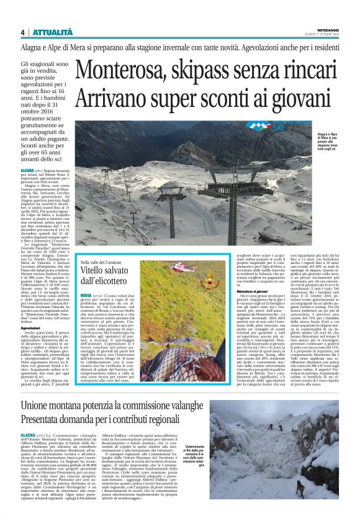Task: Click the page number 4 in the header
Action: pos(22,32)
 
